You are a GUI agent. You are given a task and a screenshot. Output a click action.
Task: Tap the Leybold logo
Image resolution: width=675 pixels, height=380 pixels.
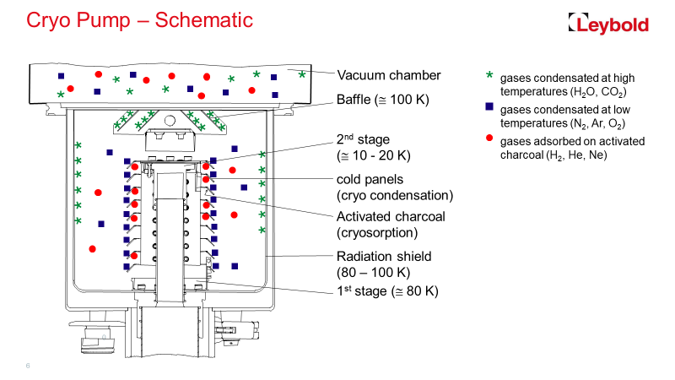coord(608,24)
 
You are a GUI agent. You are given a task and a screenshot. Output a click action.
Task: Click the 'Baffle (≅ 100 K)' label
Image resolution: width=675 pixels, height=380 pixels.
coord(383,100)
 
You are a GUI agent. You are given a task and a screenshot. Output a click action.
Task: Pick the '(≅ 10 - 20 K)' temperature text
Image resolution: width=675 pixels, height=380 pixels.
coord(373,155)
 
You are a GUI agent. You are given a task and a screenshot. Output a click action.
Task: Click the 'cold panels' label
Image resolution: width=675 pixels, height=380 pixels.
coord(370,179)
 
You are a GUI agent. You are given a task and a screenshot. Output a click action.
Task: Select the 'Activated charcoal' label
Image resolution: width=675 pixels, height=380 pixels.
coord(390,217)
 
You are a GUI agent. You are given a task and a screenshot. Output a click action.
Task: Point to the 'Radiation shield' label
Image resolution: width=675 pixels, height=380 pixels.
coord(384,257)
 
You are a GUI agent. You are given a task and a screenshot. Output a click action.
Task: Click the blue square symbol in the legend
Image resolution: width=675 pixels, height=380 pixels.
coord(489,108)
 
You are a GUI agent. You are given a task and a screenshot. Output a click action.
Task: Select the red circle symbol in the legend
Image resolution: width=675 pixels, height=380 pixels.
coord(489,139)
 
